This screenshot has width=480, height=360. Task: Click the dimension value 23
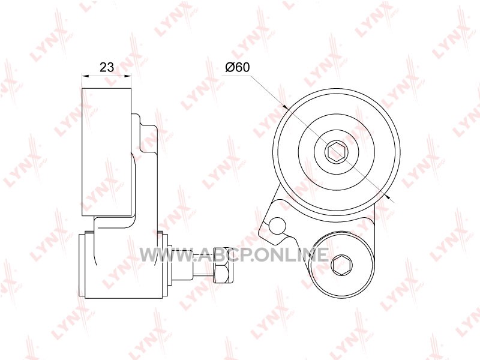coord(107,67)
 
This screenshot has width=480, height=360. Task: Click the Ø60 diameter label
coord(238,67)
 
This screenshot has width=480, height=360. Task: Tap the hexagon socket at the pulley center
coord(337,152)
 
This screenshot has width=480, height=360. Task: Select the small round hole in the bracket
coord(277,226)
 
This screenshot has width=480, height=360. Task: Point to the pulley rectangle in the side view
coord(107,152)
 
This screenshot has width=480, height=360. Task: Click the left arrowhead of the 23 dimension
coord(85,76)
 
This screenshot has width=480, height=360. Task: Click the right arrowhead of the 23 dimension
coord(128,76)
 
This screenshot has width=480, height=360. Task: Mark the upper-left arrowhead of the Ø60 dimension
coord(286,107)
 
